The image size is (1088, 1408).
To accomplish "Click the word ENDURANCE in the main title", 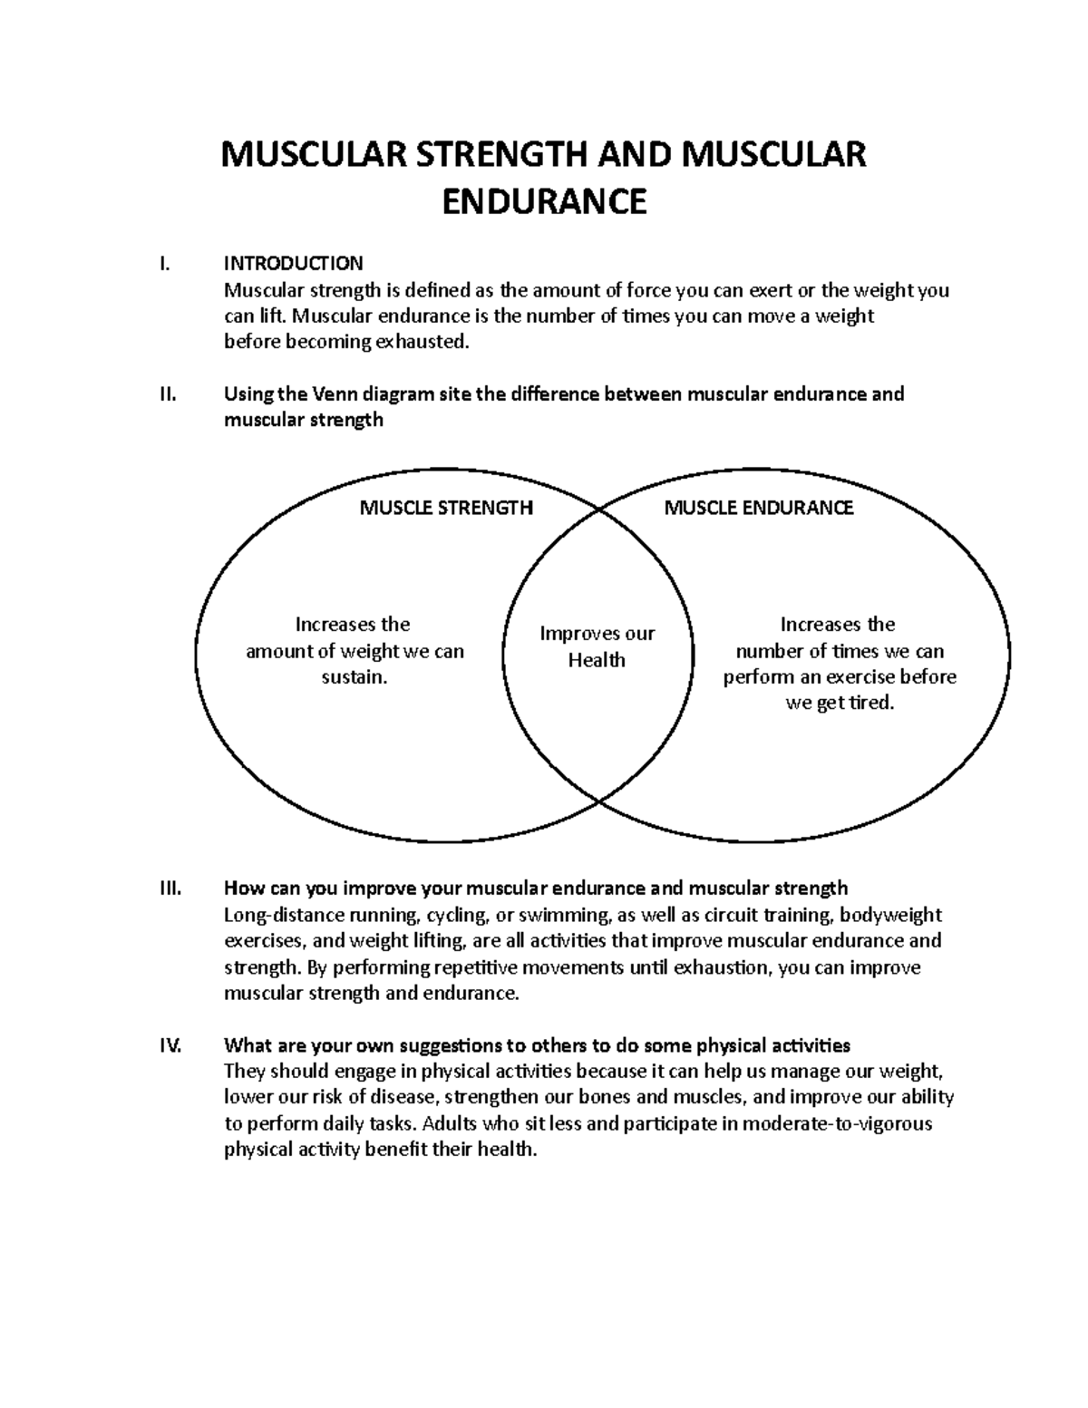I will [x=544, y=201].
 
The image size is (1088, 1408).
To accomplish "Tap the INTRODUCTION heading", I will [x=293, y=264].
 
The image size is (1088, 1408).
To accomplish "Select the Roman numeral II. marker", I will [x=167, y=394].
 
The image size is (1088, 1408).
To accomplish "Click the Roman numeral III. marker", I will [x=170, y=888].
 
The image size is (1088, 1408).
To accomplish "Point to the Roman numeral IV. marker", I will [x=170, y=1045].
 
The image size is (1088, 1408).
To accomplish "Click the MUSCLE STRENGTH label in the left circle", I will [x=446, y=508].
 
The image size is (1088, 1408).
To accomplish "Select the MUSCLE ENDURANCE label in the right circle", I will [x=759, y=508].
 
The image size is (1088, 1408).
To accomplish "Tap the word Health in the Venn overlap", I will [x=597, y=661].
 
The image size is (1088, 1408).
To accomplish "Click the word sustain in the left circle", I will [x=354, y=677].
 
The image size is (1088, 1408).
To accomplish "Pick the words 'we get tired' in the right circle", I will [x=840, y=704].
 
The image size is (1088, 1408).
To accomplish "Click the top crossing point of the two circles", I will [x=599, y=510].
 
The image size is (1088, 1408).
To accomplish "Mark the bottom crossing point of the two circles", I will [x=599, y=801].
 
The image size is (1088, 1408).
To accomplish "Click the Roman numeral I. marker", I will [x=163, y=264].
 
